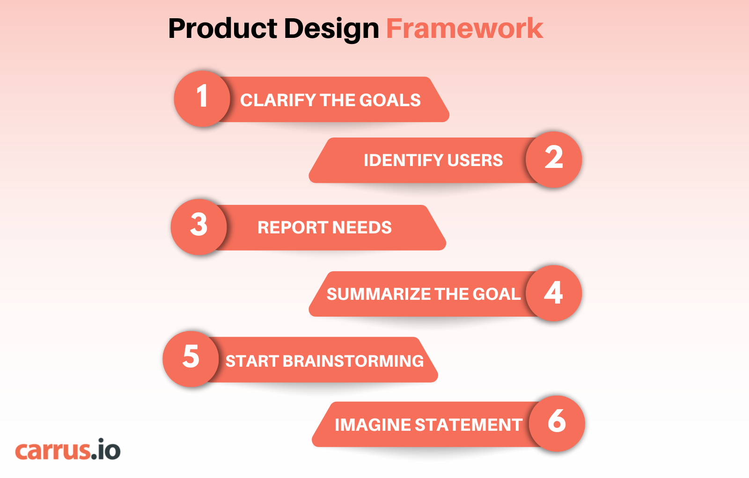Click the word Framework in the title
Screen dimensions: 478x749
coord(464,29)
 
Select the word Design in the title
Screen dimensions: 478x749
coord(331,29)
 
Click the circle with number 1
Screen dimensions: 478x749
coord(202,99)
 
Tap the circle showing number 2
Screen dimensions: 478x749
coord(554,159)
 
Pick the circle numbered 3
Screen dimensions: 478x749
coord(199,227)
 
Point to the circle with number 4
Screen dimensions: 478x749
coord(554,293)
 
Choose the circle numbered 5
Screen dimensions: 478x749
coord(191,359)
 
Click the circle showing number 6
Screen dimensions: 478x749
coord(557,423)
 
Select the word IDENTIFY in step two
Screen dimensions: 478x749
coord(403,160)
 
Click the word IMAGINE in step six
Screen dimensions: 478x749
coord(373,425)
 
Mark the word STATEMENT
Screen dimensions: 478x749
coord(468,425)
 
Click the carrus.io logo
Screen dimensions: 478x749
coord(68,450)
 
